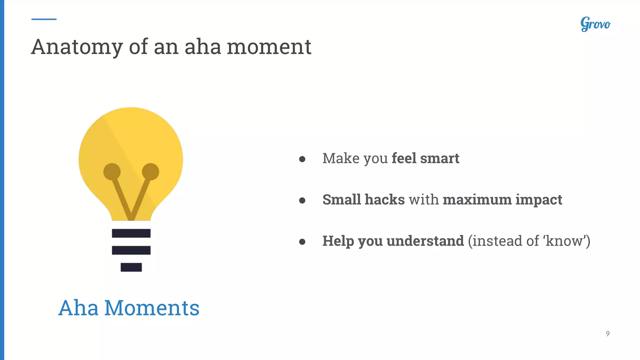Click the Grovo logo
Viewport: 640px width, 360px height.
[595, 24]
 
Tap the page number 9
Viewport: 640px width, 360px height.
[607, 334]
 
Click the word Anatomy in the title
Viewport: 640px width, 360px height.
[77, 47]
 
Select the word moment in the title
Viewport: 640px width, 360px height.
[269, 47]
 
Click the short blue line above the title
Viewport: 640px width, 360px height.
[44, 19]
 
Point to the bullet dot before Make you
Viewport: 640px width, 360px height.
[302, 159]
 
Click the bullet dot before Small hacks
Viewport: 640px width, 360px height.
[302, 200]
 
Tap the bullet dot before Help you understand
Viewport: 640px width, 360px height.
[302, 242]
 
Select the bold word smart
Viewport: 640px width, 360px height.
[440, 158]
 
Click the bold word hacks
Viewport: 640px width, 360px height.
[385, 200]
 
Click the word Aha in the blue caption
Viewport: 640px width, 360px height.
[78, 308]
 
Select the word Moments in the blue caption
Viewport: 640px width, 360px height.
[152, 308]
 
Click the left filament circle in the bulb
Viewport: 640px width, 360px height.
[112, 172]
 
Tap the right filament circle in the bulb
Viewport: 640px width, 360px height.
[151, 172]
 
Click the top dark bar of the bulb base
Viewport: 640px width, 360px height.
[131, 233]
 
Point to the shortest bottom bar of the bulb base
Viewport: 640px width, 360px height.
[131, 267]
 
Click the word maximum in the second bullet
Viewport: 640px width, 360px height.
[477, 200]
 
